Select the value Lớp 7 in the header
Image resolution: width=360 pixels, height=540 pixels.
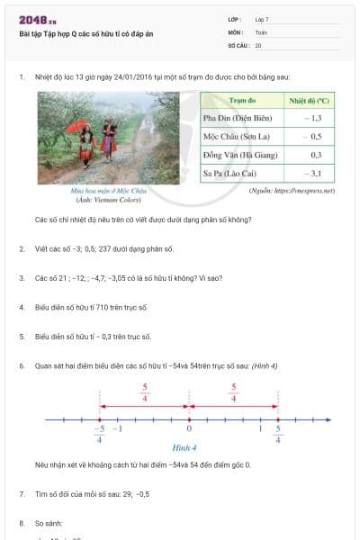262,19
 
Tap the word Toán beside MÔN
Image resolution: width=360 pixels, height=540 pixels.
262,31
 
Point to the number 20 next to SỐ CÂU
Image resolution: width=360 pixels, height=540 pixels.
258,44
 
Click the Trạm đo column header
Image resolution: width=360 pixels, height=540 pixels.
243,101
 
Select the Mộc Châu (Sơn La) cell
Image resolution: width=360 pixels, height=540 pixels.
238,136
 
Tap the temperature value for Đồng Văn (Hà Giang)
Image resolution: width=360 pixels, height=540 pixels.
315,154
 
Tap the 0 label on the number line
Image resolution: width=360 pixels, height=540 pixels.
189,429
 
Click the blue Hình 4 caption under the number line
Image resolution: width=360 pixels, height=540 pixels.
186,447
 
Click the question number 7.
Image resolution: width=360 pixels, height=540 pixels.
22,494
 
